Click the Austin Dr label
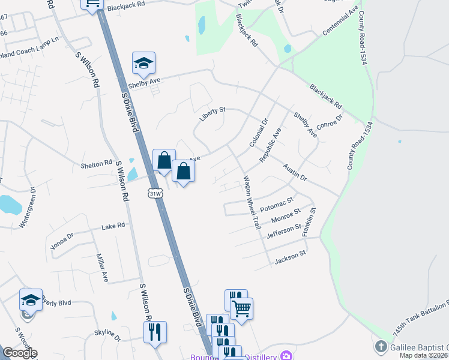[x=295, y=174]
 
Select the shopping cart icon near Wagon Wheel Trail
[x=242, y=308]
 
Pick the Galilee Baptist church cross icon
[x=380, y=347]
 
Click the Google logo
[x=20, y=353]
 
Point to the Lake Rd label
[x=113, y=226]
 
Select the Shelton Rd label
[x=97, y=163]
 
